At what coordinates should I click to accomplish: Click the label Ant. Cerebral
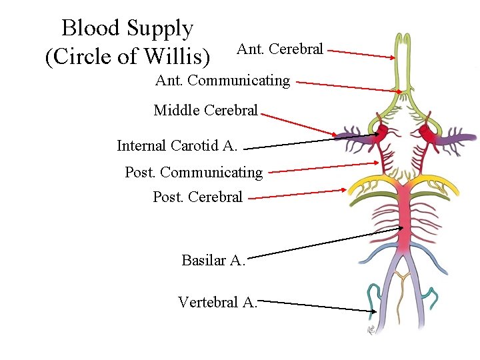pyautogui.click(x=280, y=49)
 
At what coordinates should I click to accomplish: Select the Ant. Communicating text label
pyautogui.click(x=223, y=81)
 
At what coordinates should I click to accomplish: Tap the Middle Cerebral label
pyautogui.click(x=205, y=110)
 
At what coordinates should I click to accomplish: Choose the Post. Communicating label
pyautogui.click(x=194, y=173)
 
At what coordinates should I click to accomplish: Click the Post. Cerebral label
pyautogui.click(x=197, y=197)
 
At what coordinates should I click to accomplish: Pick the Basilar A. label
pyautogui.click(x=213, y=260)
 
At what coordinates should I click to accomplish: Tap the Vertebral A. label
pyautogui.click(x=217, y=302)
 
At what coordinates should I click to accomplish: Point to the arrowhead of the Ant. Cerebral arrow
pyautogui.click(x=393, y=57)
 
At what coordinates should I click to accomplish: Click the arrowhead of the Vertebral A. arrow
pyautogui.click(x=373, y=310)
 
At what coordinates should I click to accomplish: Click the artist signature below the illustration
pyautogui.click(x=371, y=329)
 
